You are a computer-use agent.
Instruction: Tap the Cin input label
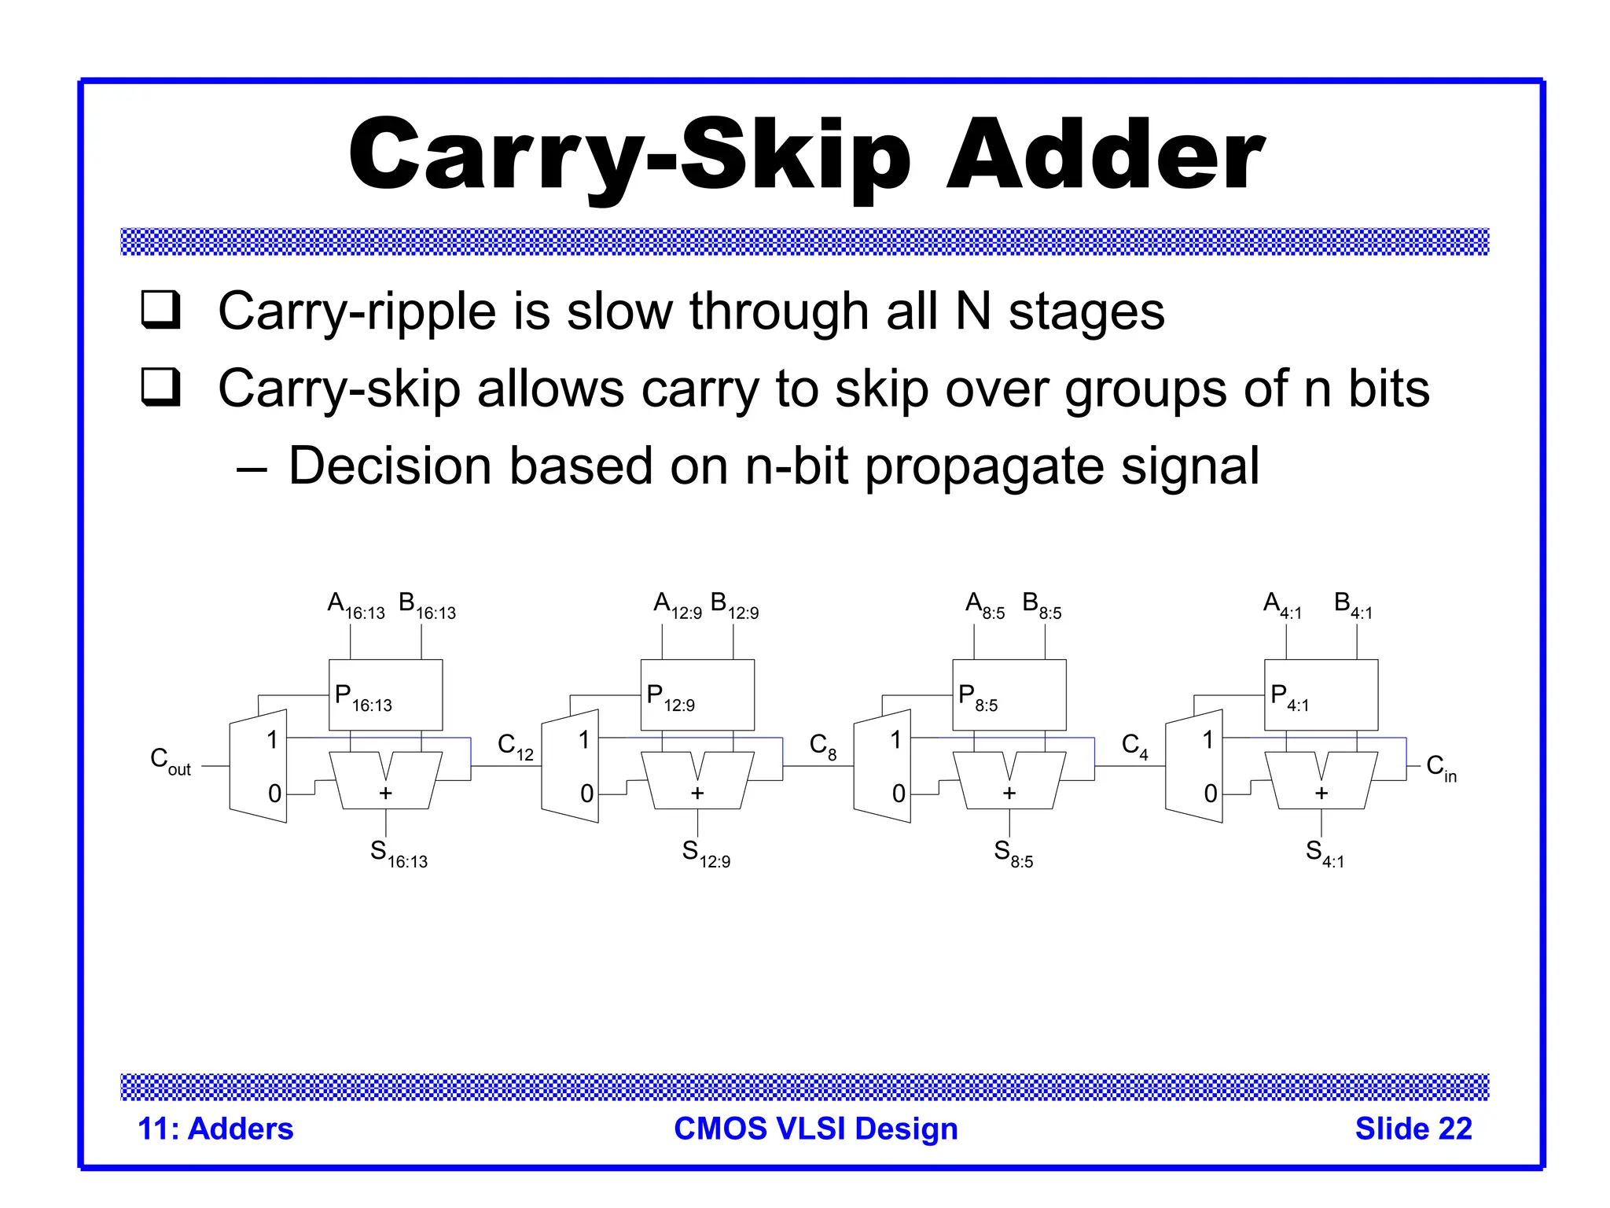point(1441,768)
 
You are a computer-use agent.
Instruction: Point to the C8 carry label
point(823,746)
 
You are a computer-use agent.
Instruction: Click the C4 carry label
point(1134,746)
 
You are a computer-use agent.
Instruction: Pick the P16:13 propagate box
point(385,694)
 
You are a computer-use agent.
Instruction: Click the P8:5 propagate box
point(1009,694)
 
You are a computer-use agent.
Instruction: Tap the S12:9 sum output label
point(706,853)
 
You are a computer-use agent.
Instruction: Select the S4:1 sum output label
point(1325,853)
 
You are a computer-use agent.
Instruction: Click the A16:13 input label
point(355,606)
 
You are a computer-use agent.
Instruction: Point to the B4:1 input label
point(1353,606)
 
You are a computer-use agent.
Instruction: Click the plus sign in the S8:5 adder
point(1009,793)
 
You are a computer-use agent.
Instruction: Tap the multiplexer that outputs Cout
point(258,766)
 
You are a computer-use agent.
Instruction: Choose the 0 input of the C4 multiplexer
point(1211,794)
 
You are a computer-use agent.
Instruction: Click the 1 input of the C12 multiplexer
point(584,739)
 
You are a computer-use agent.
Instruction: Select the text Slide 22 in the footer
point(1413,1129)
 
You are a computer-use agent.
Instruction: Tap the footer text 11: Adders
point(215,1129)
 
